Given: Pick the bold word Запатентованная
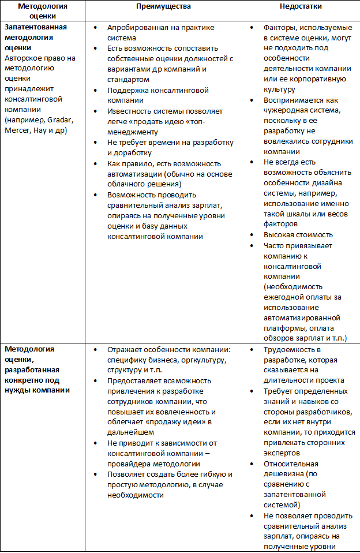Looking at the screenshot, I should [35, 27].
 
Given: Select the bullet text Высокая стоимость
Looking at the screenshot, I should [298, 234].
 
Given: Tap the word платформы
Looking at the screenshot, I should [283, 328].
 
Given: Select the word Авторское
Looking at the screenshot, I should [22, 58].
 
